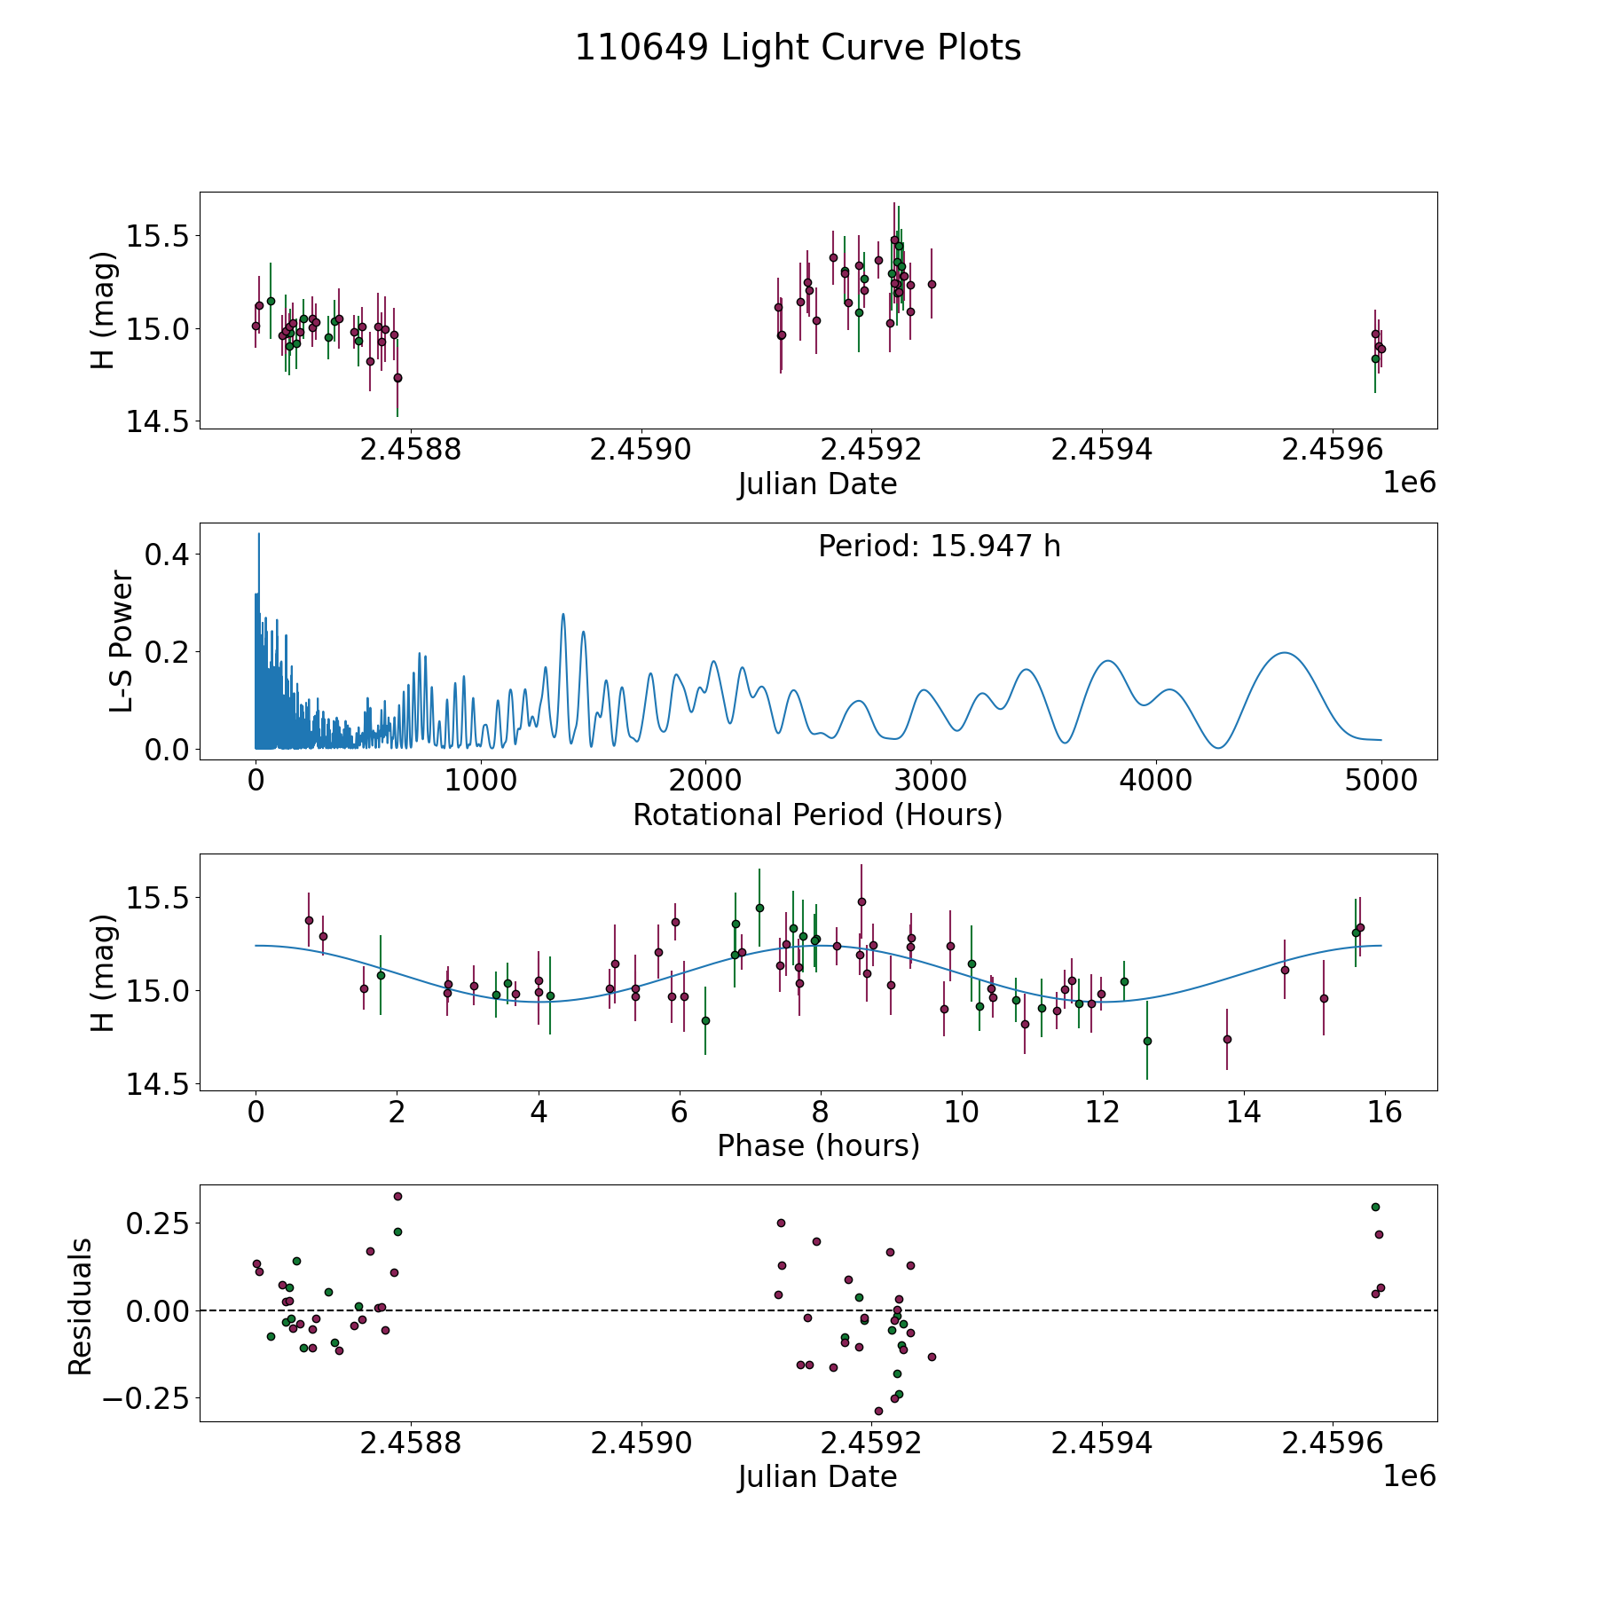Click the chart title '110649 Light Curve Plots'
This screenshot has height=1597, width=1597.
(x=798, y=48)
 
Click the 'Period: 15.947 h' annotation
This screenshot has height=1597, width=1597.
(x=939, y=547)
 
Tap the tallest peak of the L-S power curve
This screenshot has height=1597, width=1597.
(x=258, y=534)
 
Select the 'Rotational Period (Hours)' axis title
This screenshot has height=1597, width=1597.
(x=817, y=814)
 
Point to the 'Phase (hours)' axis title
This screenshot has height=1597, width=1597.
(x=817, y=1145)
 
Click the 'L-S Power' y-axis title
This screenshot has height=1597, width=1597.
(x=122, y=641)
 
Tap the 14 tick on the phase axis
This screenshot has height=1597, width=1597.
(x=1243, y=1112)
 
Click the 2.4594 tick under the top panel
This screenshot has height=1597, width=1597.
(x=1101, y=450)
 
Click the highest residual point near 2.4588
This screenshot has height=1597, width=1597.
(x=397, y=1196)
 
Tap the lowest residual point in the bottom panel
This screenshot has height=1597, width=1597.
(x=878, y=1411)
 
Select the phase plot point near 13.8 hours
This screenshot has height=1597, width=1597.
(x=1227, y=1039)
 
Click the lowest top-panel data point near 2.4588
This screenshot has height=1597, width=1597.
(x=397, y=378)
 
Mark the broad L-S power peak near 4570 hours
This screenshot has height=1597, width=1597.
(x=1284, y=653)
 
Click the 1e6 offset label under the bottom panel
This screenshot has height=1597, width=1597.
(x=1409, y=1475)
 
